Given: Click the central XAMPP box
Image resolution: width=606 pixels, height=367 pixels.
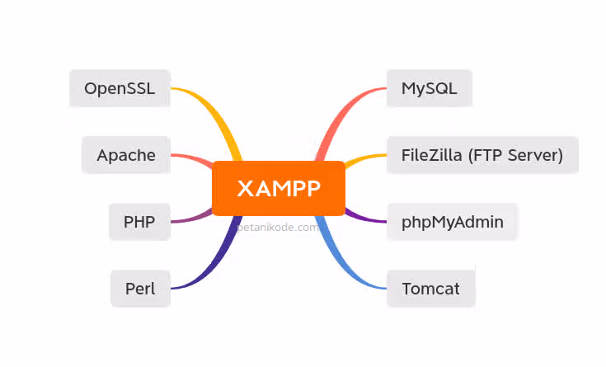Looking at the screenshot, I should [x=278, y=188].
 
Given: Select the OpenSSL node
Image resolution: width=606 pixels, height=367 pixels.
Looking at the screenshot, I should [x=120, y=88].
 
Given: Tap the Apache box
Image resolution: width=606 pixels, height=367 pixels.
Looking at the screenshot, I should [x=126, y=155].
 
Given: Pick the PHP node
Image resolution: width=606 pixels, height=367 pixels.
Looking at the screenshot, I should [x=140, y=221].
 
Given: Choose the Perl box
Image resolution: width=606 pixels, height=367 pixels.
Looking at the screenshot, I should [x=140, y=289].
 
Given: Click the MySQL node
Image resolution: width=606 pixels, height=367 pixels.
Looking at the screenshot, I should [x=429, y=88].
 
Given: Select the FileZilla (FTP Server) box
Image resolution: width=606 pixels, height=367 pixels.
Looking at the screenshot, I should [x=482, y=155].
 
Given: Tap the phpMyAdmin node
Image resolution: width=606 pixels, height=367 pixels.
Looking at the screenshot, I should [x=452, y=221].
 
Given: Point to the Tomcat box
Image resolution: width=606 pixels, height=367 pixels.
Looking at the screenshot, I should [x=430, y=289].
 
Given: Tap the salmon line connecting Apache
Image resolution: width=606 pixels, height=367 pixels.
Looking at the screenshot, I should [x=191, y=157].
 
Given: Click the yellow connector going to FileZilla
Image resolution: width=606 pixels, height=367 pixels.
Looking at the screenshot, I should [x=363, y=158].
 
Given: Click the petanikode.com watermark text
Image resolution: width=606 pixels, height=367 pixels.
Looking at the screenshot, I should [x=279, y=227].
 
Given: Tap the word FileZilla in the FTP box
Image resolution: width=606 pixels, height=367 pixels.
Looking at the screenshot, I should [x=430, y=155].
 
